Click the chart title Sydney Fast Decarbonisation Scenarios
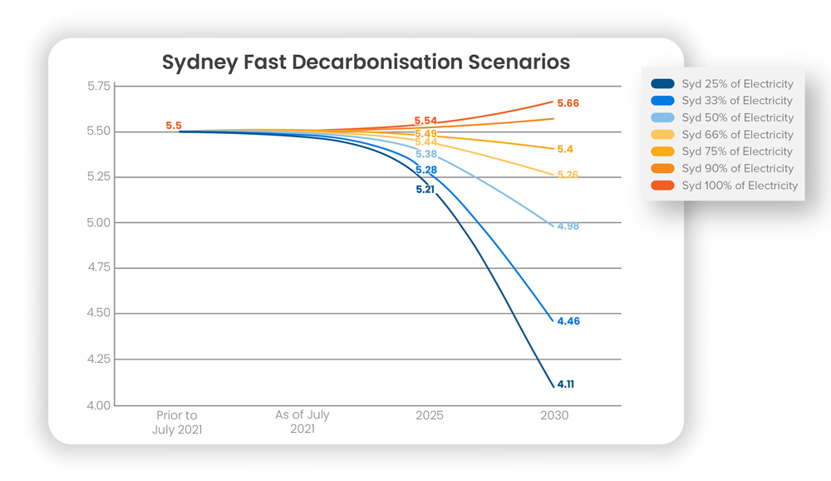tap(366, 62)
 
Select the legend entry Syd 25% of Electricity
tap(737, 84)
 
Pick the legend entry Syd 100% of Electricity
tap(739, 186)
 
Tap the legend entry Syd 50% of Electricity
tap(737, 118)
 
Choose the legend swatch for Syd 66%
tap(663, 135)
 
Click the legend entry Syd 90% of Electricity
tap(737, 169)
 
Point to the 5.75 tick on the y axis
tap(98, 86)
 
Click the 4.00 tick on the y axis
tap(98, 405)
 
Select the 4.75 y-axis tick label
tap(98, 268)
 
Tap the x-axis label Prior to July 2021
tap(177, 423)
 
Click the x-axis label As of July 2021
tap(302, 423)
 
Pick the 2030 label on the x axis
tap(554, 415)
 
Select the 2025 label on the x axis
tap(430, 415)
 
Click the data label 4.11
tap(566, 384)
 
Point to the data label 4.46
tap(568, 321)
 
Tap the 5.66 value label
tap(568, 103)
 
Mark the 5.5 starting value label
tap(173, 126)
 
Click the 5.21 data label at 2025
tap(425, 190)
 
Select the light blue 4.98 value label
tap(568, 226)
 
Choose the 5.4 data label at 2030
tap(565, 149)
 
